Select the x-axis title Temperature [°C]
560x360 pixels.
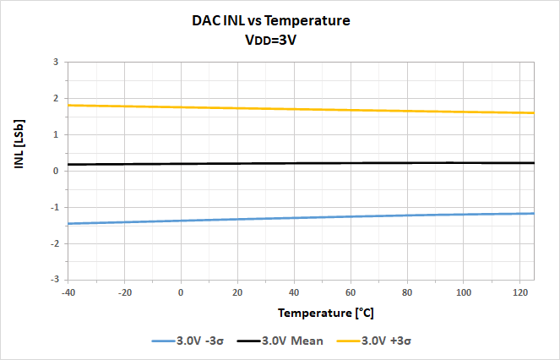326,313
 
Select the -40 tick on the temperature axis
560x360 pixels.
68,292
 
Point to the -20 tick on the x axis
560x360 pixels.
124,292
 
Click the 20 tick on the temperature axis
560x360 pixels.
237,292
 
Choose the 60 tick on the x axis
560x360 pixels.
351,292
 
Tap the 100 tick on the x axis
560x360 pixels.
463,292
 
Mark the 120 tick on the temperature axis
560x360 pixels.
519,292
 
